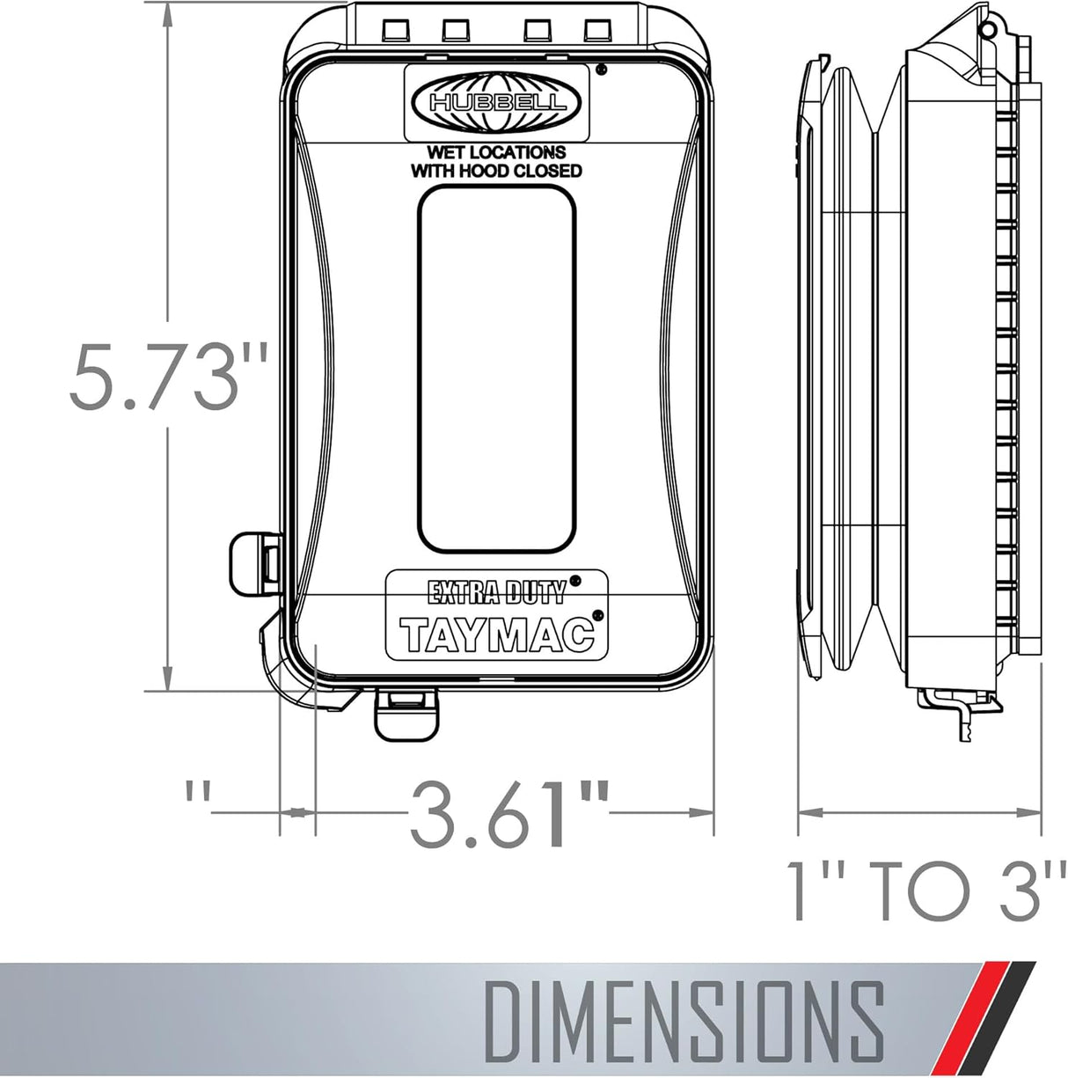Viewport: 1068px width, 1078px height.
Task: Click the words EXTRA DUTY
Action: coord(496,594)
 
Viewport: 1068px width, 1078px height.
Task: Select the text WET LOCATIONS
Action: coord(496,152)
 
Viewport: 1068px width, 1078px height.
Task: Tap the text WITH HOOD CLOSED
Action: coord(496,171)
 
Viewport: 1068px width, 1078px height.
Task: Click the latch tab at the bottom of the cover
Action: coord(406,715)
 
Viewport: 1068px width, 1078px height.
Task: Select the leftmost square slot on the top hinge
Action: coord(393,31)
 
